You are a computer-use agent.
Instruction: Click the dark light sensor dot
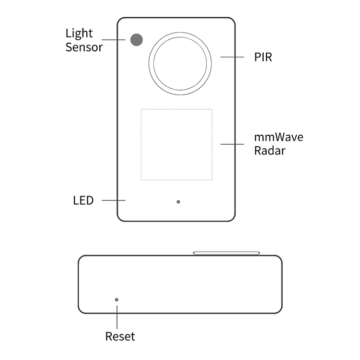pos(136,40)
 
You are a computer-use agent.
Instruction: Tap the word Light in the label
pos(79,34)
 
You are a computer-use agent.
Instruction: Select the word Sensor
pos(84,47)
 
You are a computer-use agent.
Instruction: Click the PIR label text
pos(263,57)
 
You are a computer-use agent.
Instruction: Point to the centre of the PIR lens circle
pos(180,63)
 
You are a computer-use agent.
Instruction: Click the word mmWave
pos(279,137)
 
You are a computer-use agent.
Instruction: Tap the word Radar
pos(270,151)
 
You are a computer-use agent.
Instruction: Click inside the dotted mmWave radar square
pos(176,144)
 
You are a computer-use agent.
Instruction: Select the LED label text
pos(83,200)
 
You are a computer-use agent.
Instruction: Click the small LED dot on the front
pos(178,202)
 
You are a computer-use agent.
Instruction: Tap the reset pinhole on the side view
pos(116,300)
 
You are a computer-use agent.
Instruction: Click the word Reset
pos(120,337)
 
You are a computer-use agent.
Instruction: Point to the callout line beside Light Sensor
pos(114,40)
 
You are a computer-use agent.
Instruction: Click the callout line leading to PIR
pos(232,57)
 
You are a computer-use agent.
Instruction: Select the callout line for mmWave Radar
pos(232,144)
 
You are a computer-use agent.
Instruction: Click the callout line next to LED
pos(114,200)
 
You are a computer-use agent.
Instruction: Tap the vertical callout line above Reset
pos(117,317)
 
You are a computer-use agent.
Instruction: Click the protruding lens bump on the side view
pos(226,253)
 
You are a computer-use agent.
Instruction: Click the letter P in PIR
pos(257,57)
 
